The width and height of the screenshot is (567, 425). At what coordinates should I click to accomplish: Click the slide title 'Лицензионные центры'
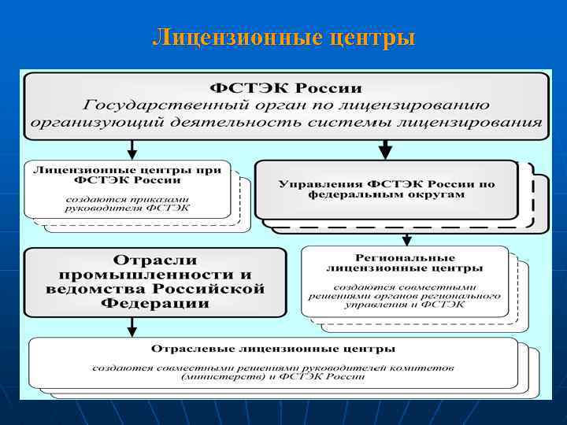click(x=283, y=37)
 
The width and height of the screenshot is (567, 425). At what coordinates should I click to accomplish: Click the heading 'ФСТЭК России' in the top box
click(x=286, y=87)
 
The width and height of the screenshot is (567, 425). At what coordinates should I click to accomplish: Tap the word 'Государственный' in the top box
click(x=153, y=105)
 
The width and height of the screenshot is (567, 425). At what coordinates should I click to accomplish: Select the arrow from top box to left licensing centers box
click(x=132, y=147)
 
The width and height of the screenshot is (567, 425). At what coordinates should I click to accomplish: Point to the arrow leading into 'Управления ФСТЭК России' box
click(x=385, y=147)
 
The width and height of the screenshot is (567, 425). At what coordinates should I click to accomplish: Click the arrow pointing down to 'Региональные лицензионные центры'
click(x=406, y=238)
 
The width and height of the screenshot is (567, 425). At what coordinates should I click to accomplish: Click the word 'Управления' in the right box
click(x=313, y=184)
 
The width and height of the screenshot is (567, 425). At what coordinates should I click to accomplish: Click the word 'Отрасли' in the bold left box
click(x=154, y=260)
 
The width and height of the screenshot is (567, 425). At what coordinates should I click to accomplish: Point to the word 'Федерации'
click(x=154, y=304)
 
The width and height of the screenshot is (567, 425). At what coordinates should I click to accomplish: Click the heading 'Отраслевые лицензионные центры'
click(x=273, y=348)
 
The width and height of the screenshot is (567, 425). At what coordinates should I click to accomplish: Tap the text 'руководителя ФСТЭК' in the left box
click(x=128, y=208)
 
